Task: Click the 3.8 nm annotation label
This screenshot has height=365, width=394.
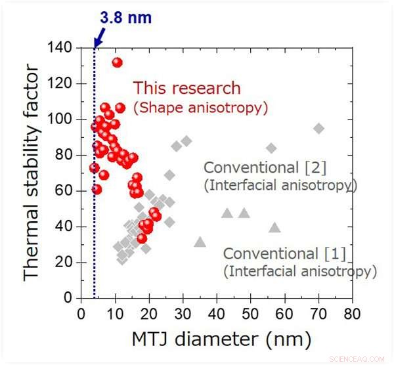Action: click(125, 18)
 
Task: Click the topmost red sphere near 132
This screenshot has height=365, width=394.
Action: click(117, 62)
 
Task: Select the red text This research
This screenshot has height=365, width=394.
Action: click(187, 88)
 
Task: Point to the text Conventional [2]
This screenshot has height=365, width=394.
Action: click(265, 167)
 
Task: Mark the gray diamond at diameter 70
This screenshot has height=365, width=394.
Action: click(318, 129)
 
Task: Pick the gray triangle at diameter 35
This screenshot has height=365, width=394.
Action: click(200, 242)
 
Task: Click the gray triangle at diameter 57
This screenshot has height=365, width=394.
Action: click(274, 228)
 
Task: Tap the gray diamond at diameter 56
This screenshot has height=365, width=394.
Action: click(271, 148)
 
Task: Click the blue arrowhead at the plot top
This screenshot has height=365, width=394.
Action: click(96, 43)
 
